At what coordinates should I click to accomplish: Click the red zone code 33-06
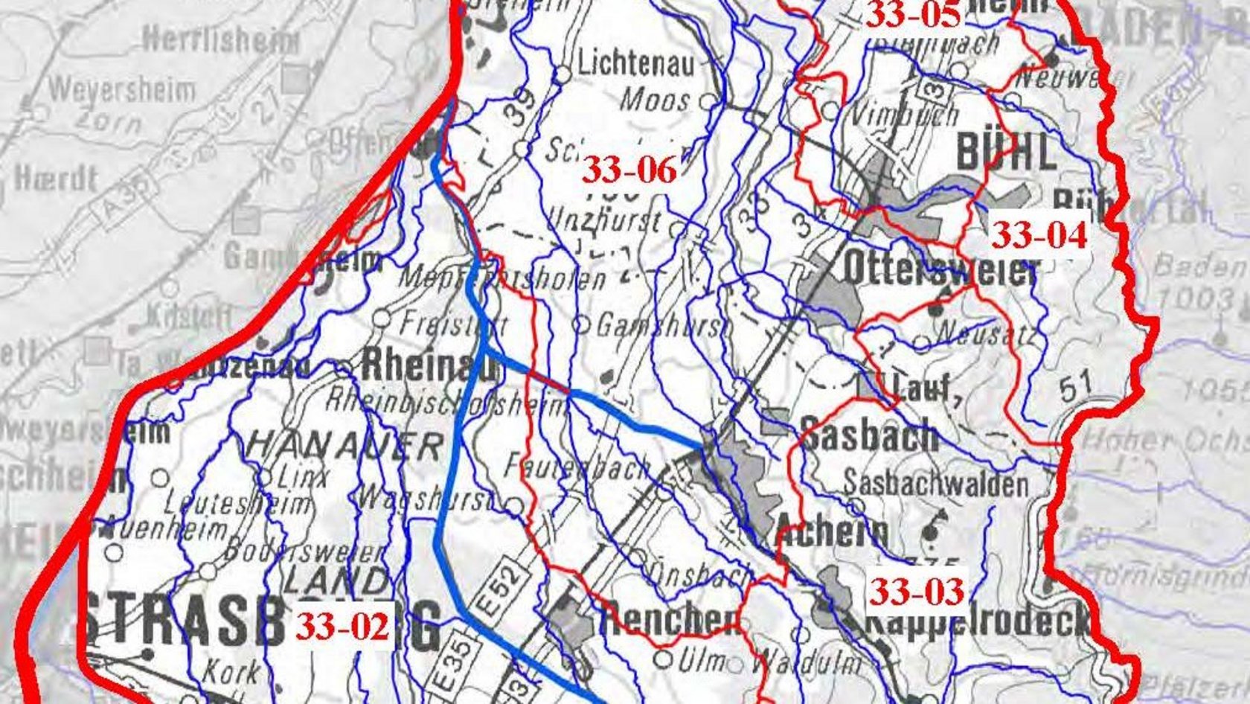tap(629, 170)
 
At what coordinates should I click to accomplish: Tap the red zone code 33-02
tap(342, 627)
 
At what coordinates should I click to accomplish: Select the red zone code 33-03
tap(917, 592)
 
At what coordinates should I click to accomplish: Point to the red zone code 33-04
tap(1039, 236)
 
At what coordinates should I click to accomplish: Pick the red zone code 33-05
tap(914, 15)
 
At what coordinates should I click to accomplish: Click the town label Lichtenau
tap(635, 64)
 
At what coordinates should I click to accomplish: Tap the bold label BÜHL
tap(1005, 153)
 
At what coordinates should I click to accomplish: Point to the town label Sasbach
tap(869, 435)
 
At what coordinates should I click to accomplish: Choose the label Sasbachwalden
tap(935, 485)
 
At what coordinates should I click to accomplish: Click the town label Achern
tap(832, 531)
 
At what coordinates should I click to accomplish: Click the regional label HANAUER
tap(344, 446)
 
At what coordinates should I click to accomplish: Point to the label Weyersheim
tap(122, 90)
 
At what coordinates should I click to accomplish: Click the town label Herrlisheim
tap(219, 38)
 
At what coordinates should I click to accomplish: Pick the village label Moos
tap(655, 98)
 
